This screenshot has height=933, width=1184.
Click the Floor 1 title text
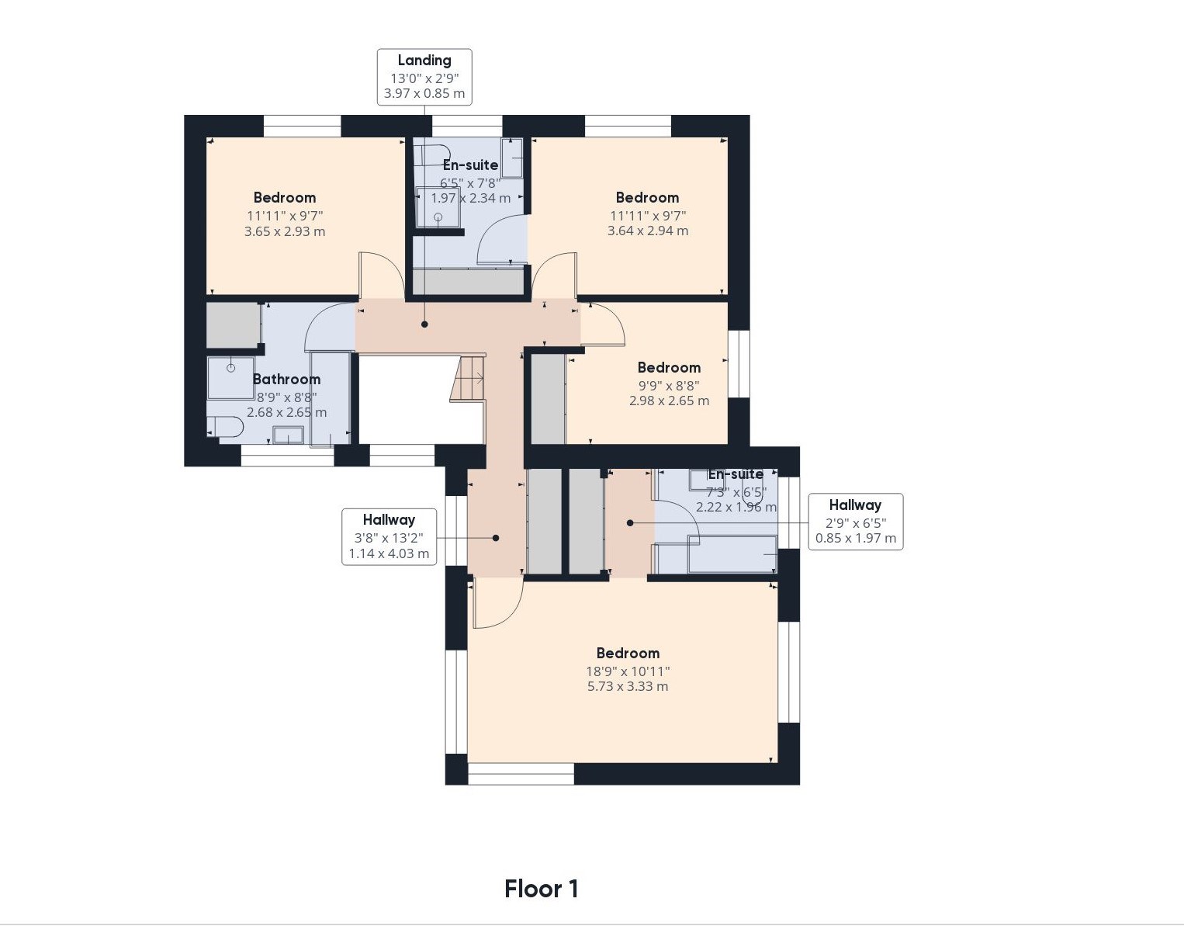pos(542,889)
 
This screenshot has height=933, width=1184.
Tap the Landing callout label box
pos(424,77)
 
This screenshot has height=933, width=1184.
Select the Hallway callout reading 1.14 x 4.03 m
pos(389,536)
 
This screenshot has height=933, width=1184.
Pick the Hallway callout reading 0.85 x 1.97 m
pos(856,522)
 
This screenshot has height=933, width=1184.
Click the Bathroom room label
pos(286,380)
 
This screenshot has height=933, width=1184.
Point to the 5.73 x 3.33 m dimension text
pos(628,686)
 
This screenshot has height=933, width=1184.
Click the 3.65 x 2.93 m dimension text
pos(285,231)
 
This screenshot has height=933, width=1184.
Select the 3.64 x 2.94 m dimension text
pos(648,231)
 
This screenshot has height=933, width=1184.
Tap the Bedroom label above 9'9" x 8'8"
pos(669,368)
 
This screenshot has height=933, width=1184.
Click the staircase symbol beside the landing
pos(468,378)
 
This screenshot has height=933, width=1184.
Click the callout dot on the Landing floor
pos(424,324)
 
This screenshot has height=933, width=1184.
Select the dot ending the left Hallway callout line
pos(495,538)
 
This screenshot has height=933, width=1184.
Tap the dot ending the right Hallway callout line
pos(630,523)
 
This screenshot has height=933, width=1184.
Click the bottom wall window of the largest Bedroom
pos(521,773)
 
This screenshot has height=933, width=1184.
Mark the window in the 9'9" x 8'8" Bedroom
pos(739,364)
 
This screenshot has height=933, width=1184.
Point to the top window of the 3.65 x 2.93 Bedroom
pos(302,126)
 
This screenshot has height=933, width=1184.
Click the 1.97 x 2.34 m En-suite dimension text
pos(470,198)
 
